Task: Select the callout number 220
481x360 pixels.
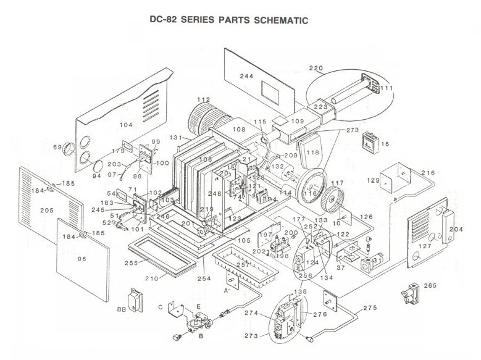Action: (316, 68)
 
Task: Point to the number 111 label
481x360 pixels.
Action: (387, 89)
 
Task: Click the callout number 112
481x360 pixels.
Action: (204, 99)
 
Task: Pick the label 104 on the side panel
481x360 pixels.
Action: (126, 125)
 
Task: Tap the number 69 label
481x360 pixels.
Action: (58, 147)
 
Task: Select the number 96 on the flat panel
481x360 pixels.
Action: (82, 259)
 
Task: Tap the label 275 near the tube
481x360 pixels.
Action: (370, 307)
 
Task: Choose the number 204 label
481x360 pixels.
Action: (456, 228)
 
